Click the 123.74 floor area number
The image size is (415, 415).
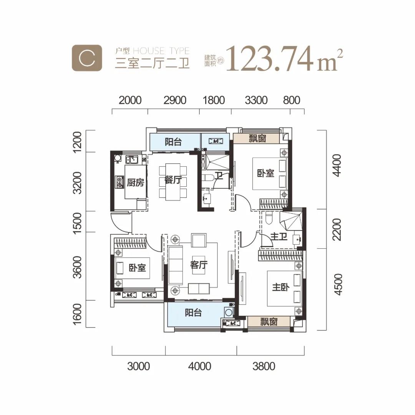269,59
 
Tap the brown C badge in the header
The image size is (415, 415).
87,58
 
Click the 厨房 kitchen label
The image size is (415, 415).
135,183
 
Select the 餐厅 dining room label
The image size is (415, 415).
173,180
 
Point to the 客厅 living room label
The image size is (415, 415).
199,264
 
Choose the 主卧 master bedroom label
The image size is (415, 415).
281,287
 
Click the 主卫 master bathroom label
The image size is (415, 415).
279,236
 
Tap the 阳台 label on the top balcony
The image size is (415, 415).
173,142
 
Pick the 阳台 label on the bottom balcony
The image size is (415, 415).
193,312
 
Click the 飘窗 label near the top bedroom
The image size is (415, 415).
257,138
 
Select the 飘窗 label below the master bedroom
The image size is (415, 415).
269,322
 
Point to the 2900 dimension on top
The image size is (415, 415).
175,100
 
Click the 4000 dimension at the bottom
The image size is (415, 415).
199,366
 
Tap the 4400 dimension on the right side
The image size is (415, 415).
337,165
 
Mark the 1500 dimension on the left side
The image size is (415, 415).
78,223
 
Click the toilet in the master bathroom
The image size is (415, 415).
269,217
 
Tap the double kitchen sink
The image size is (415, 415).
131,159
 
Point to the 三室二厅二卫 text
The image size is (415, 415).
152,63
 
